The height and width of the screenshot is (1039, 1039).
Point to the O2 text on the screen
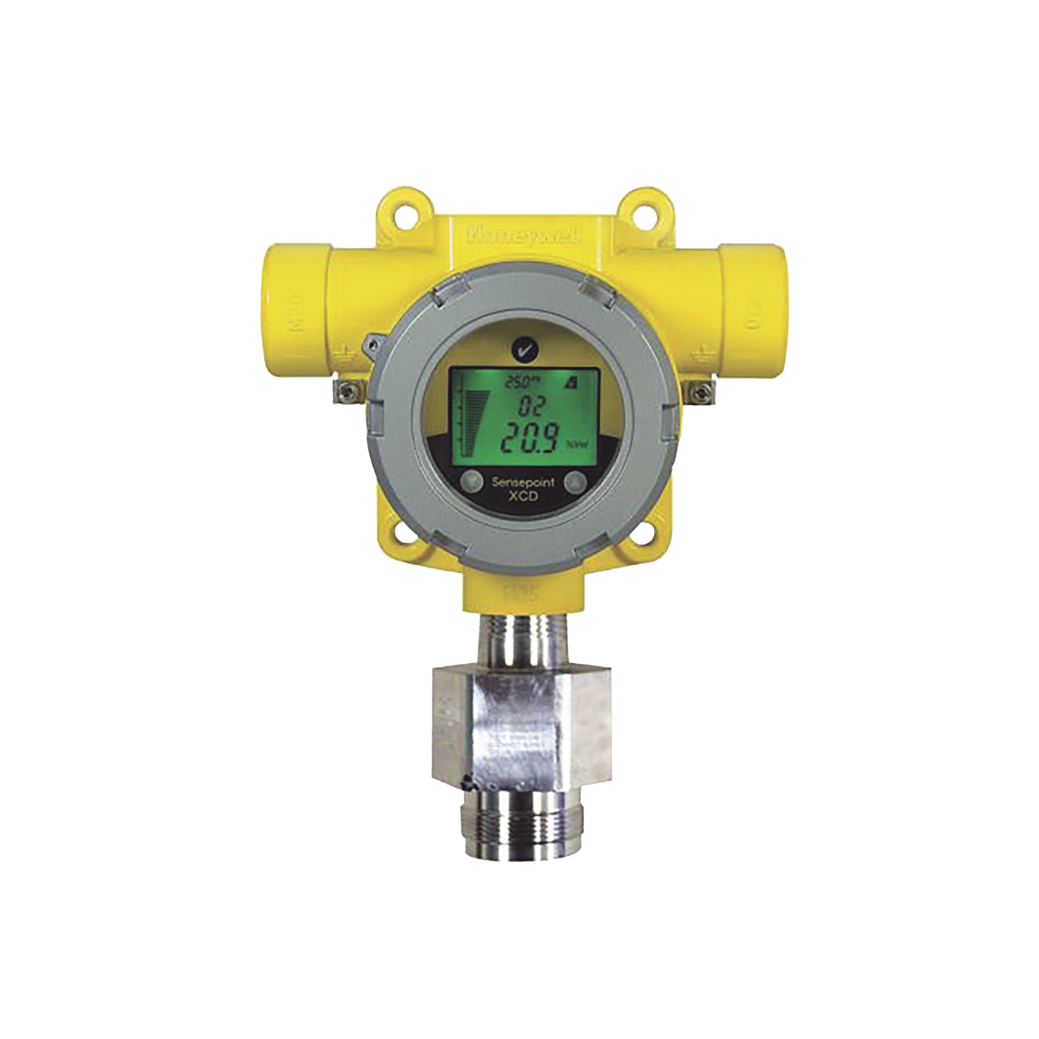pyautogui.click(x=519, y=404)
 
